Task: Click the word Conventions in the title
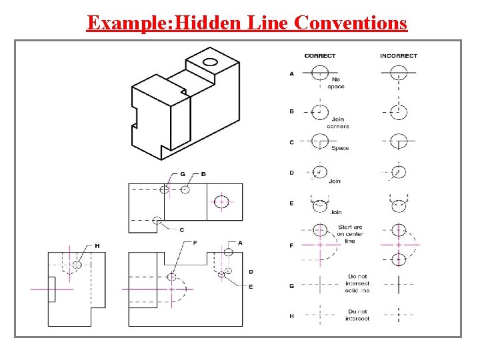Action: (x=350, y=23)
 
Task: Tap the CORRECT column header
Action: (x=320, y=56)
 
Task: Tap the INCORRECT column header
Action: (x=399, y=56)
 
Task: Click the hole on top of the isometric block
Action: (x=210, y=63)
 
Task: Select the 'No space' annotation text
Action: (x=336, y=83)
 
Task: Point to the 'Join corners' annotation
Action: (x=337, y=123)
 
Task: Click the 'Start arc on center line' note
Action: (x=350, y=234)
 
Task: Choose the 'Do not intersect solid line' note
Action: (x=357, y=283)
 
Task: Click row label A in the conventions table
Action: (x=291, y=74)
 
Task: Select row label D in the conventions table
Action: (x=291, y=173)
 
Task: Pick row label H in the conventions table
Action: (x=291, y=316)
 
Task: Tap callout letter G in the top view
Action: (x=182, y=174)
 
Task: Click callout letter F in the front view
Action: (x=195, y=243)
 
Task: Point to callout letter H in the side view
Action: (x=97, y=246)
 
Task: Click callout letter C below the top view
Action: (x=181, y=229)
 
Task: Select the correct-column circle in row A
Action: (x=319, y=72)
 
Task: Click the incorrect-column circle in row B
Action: (x=399, y=111)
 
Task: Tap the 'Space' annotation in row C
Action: (x=340, y=148)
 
